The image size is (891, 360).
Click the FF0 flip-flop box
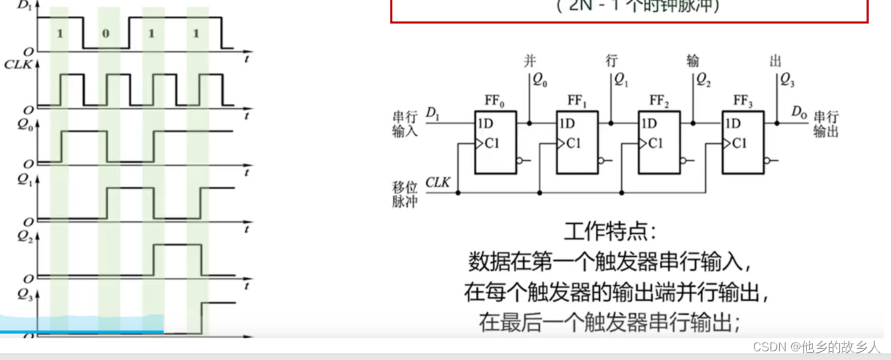494,143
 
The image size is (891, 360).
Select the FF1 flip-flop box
577,143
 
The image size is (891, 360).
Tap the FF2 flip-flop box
659,143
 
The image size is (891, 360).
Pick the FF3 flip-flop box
742,143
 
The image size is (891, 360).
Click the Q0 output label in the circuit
539,81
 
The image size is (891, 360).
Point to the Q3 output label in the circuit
786,81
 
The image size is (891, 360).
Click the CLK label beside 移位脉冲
438,182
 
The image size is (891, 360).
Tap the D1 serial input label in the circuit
433,114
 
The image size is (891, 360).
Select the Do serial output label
799,111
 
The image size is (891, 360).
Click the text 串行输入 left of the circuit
405,124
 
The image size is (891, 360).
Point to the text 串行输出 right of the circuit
826,124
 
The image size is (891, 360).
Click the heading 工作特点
610,233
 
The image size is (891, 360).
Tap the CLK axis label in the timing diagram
18,65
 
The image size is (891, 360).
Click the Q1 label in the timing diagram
26,180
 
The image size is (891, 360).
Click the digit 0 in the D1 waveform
106,33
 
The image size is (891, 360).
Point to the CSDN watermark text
816,347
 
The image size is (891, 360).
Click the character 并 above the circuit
530,62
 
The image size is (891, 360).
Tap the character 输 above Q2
693,62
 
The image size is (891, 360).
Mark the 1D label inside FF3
732,123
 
